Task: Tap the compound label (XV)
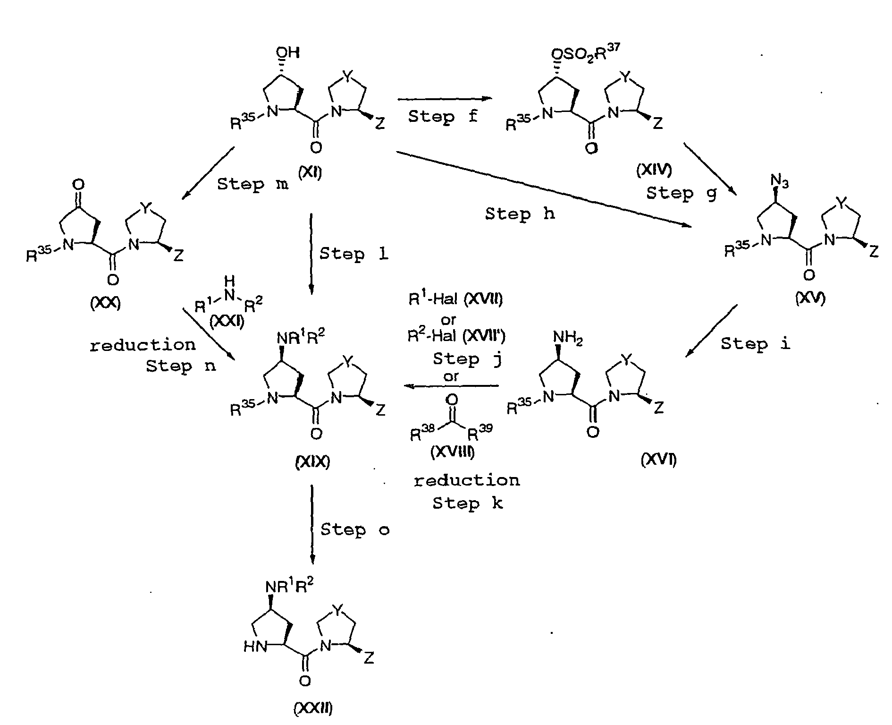[x=810, y=298]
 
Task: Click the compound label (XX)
[x=105, y=304]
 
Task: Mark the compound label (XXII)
[x=313, y=709]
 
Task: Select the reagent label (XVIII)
[x=452, y=452]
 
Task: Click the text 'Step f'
[x=443, y=116]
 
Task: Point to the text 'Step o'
[x=355, y=530]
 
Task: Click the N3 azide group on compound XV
[x=780, y=180]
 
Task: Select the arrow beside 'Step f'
[x=445, y=99]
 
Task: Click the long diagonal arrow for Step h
[x=544, y=189]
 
